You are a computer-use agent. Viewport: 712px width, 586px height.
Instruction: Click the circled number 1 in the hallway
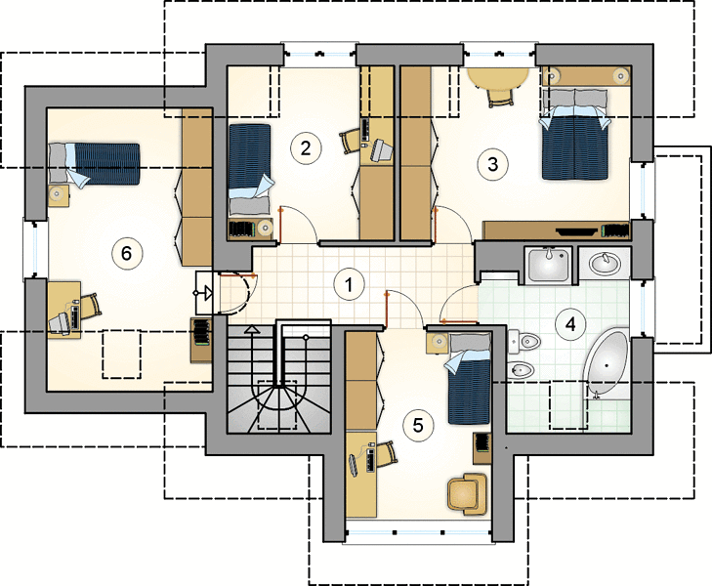349,284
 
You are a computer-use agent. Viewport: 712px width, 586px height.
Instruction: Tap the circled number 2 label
305,148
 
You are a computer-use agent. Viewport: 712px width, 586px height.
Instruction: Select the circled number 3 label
492,164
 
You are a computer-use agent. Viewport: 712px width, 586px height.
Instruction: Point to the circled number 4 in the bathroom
570,324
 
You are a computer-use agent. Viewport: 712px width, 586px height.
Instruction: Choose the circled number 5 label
418,425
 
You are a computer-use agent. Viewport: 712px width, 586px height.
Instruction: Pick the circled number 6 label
126,253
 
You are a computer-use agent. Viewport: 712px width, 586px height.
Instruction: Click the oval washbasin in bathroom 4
605,263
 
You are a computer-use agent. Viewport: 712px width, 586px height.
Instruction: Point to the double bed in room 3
574,135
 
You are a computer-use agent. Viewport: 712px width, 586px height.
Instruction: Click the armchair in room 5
467,494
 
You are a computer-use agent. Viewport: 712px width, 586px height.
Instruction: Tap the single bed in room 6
94,163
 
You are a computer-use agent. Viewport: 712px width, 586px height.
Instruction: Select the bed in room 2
250,169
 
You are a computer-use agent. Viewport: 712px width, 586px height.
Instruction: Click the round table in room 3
498,76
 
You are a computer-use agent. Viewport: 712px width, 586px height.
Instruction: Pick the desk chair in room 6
90,306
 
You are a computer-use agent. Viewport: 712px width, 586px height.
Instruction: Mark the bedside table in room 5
438,342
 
